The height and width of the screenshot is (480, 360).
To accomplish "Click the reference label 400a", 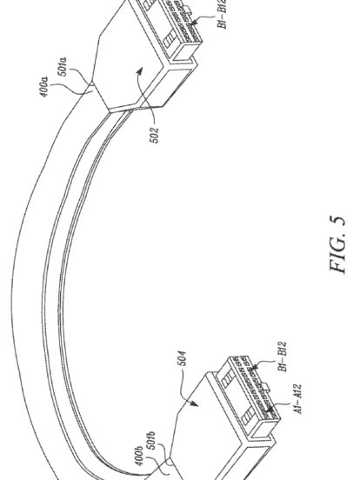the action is [x=44, y=87].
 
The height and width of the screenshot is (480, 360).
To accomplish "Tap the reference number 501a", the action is [x=63, y=66].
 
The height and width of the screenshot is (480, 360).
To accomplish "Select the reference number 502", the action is [x=155, y=135].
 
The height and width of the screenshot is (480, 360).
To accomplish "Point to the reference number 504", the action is [x=182, y=358].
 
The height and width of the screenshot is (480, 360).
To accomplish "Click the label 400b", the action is [x=138, y=456].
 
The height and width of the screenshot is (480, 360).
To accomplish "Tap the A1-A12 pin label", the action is [x=297, y=398].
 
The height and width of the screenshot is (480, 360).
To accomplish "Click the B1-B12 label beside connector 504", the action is [x=283, y=357].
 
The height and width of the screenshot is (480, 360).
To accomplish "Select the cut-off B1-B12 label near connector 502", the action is [x=223, y=14].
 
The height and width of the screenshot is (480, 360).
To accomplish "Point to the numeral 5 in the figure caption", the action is [x=337, y=222].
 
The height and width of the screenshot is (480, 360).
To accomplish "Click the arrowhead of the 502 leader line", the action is [x=140, y=71].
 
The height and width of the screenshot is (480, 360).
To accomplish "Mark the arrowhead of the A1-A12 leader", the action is [x=269, y=410].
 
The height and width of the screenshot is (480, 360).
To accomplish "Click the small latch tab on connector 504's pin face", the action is [x=266, y=387].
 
